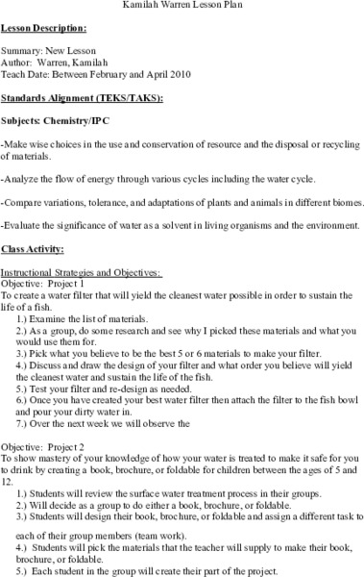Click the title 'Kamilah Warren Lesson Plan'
click(x=182, y=6)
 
